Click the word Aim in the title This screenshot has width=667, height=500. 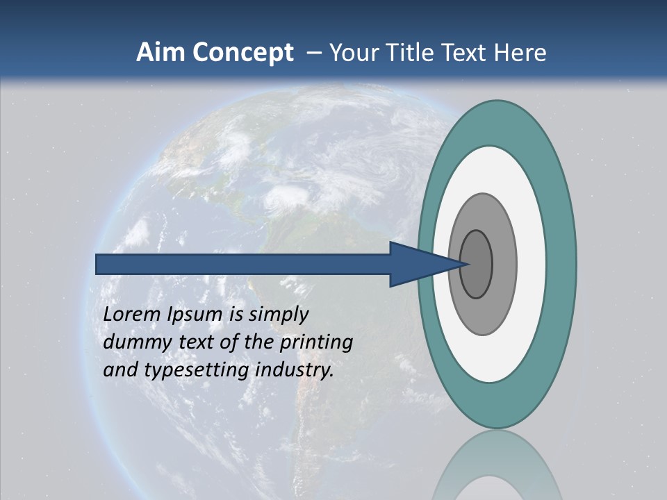coord(160,53)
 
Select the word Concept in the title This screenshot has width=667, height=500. coord(242,53)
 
